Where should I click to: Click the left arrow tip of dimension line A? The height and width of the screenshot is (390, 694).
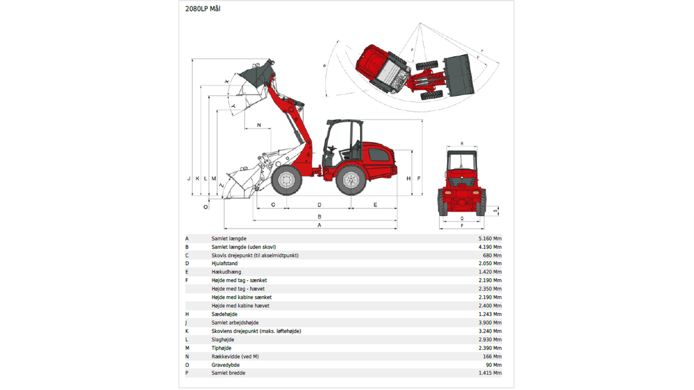pyautogui.click(x=224, y=228)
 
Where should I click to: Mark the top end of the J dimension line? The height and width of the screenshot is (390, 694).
pyautogui.click(x=192, y=59)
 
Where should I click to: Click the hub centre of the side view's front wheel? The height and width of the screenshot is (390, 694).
pyautogui.click(x=287, y=180)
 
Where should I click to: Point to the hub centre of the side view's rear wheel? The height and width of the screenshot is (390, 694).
pyautogui.click(x=351, y=180)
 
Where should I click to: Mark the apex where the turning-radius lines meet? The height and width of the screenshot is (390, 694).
pyautogui.click(x=420, y=23)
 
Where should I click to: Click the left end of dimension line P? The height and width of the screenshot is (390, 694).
pyautogui.click(x=440, y=228)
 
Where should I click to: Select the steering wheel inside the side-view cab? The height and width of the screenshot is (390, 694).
pyautogui.click(x=331, y=148)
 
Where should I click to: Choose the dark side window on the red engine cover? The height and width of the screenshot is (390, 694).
pyautogui.click(x=379, y=155)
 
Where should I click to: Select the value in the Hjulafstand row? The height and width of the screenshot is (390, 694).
pyautogui.click(x=490, y=264)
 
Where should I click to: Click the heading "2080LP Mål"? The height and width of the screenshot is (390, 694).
pyautogui.click(x=203, y=9)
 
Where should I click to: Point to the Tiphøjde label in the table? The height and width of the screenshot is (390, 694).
pyautogui.click(x=222, y=348)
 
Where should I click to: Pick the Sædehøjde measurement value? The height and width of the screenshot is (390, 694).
pyautogui.click(x=490, y=314)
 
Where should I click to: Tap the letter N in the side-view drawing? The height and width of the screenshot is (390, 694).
pyautogui.click(x=259, y=125)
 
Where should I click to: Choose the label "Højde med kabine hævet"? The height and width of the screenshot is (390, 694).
pyautogui.click(x=240, y=305)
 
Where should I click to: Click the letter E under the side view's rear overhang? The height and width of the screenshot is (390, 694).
pyautogui.click(x=375, y=205)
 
